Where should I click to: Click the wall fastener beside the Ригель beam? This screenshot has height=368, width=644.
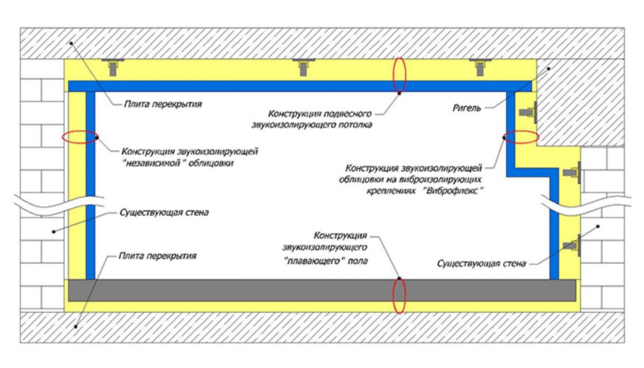click(528, 112)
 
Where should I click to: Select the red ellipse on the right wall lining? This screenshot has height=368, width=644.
click(519, 137)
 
